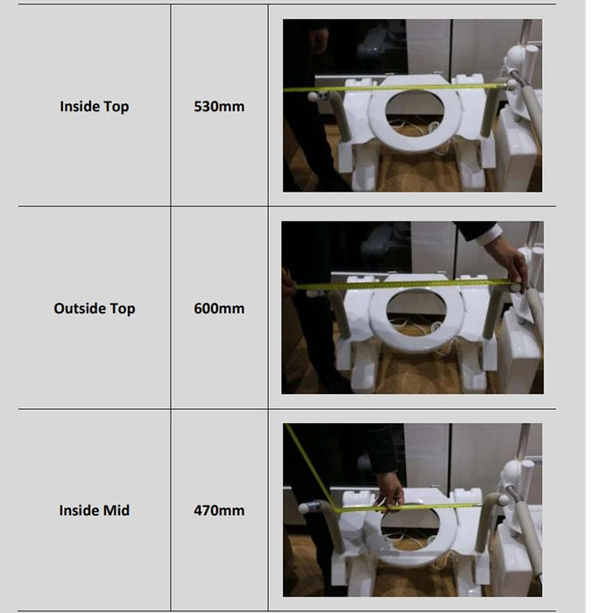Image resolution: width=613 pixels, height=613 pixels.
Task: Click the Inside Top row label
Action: [x=95, y=106]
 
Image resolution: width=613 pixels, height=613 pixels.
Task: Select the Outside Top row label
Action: [x=95, y=308]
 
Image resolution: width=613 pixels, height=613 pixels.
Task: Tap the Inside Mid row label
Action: [x=95, y=511]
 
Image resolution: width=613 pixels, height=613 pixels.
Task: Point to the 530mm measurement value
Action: [x=219, y=106]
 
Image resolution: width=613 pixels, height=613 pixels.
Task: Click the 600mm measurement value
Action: [x=219, y=308]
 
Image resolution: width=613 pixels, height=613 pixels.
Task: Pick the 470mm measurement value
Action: [x=219, y=511]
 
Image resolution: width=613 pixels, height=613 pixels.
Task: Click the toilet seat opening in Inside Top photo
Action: [x=414, y=110]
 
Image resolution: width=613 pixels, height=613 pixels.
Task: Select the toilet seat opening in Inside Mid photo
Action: [x=410, y=527]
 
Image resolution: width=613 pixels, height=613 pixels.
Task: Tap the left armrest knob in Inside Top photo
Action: [x=313, y=96]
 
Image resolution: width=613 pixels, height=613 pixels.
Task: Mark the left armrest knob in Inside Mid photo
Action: [x=304, y=508]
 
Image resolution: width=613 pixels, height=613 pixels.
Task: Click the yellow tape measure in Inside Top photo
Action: [x=395, y=88]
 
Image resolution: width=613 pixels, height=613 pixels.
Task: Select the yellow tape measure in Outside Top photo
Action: [x=403, y=285]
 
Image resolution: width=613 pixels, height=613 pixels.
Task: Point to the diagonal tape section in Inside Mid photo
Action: [x=311, y=468]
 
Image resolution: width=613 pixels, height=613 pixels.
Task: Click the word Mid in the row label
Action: [x=116, y=511]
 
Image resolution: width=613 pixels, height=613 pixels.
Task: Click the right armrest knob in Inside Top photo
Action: [x=511, y=84]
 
